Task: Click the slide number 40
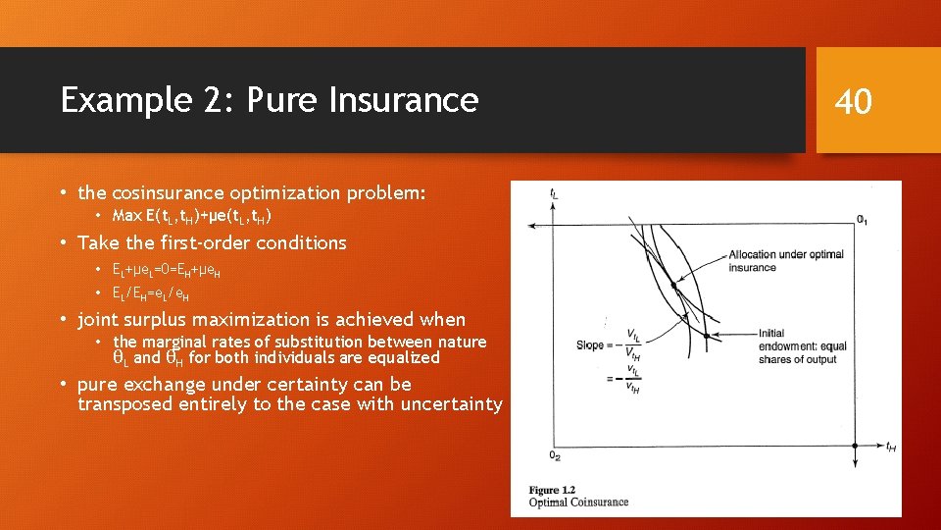click(853, 100)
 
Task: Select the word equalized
click(401, 358)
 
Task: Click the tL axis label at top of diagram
click(555, 194)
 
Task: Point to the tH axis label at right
click(890, 448)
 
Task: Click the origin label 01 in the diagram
click(862, 220)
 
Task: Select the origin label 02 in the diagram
click(555, 454)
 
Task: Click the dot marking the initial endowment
click(706, 336)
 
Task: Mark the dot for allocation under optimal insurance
click(673, 286)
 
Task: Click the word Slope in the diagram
click(590, 344)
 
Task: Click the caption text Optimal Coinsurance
click(578, 503)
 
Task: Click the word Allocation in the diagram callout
click(754, 255)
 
